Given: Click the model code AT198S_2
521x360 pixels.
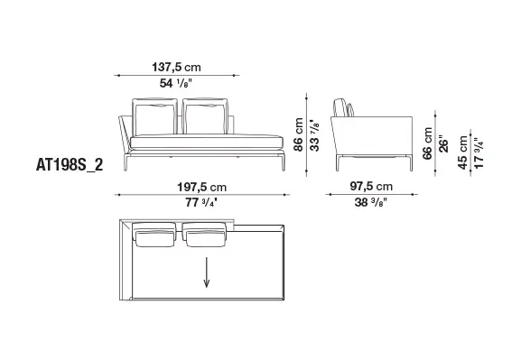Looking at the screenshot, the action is pos(70,165).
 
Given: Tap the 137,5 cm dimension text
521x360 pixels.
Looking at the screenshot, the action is pos(176,67).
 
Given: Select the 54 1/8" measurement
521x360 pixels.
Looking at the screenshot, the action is pos(176,83).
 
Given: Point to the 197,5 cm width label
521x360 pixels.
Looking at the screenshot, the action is pos(202,187).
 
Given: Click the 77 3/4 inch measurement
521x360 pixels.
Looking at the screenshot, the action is pos(201,202).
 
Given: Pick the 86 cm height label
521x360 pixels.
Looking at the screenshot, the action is pos(298,134).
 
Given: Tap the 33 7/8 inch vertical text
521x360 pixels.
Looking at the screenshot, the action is pos(314,135).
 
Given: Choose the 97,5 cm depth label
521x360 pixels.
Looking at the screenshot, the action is pos(371,186).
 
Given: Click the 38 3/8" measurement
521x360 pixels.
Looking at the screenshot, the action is pos(371,202).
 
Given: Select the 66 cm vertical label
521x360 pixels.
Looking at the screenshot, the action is pos(427,143).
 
